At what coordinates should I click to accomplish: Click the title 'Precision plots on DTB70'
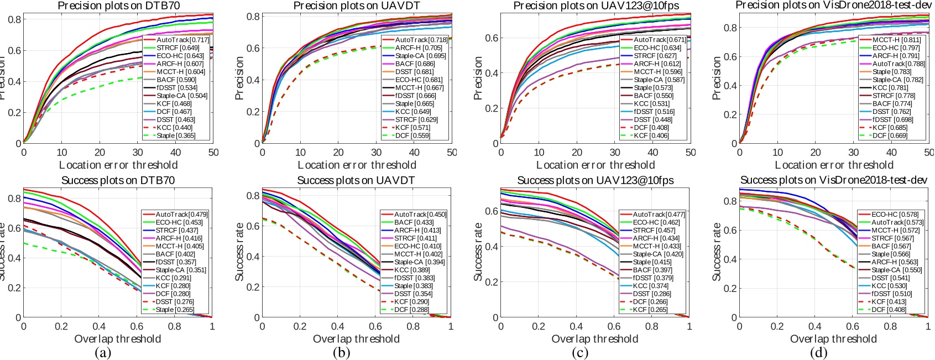[x=118, y=6]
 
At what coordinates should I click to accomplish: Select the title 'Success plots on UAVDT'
[x=356, y=180]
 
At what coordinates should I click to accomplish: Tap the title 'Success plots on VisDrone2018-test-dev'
[x=833, y=180]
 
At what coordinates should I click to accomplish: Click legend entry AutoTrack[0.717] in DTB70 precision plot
[x=182, y=40]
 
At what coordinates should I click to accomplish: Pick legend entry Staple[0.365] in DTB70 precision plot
[x=175, y=135]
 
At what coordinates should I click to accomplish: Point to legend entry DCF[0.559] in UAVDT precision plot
[x=412, y=135]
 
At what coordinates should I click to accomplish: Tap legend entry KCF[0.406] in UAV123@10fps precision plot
[x=651, y=135]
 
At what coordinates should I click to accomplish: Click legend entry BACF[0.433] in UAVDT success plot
[x=414, y=222]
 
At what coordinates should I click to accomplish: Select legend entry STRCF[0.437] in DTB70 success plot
[x=176, y=230]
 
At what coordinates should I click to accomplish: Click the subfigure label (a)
[x=103, y=353]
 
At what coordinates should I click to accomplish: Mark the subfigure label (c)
[x=580, y=353]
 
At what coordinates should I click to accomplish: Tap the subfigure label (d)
[x=819, y=353]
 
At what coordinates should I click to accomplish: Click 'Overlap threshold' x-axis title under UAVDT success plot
[x=356, y=339]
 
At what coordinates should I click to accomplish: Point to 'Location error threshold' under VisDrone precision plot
[x=834, y=165]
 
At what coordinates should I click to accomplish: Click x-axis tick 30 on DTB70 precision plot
[x=138, y=153]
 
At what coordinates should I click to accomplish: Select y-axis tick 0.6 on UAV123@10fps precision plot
[x=492, y=38]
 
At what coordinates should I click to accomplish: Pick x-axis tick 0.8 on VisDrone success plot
[x=890, y=327]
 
